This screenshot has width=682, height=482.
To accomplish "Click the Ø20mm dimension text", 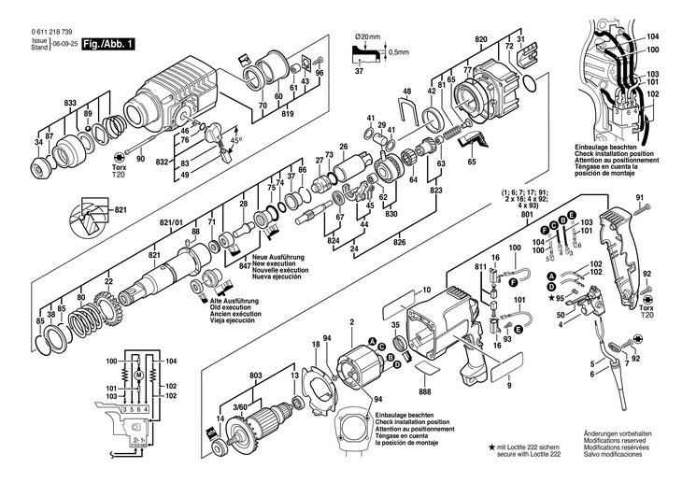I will pyautogui.click(x=366, y=36).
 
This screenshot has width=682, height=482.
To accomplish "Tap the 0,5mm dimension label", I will pyautogui.click(x=400, y=51).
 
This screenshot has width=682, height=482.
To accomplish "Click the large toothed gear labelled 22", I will pyautogui.click(x=104, y=309).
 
